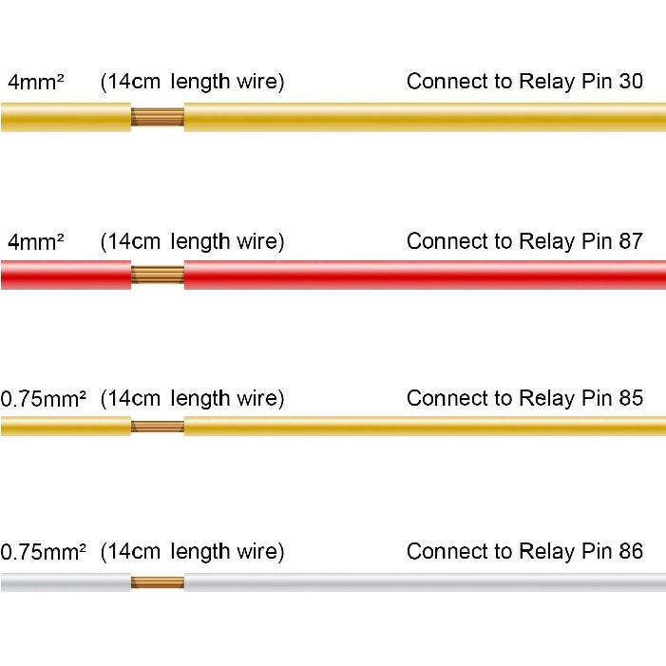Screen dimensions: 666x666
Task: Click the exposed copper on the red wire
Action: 157,275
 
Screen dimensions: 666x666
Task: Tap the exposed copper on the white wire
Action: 157,582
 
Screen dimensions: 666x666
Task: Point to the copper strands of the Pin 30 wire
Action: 157,117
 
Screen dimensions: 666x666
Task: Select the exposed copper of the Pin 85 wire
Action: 157,426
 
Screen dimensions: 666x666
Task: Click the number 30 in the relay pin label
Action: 630,81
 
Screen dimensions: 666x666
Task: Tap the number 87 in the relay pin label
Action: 630,241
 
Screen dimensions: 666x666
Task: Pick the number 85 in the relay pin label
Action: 630,398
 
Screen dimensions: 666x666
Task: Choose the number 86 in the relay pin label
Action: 630,551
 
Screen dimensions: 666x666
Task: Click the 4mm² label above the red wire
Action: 36,241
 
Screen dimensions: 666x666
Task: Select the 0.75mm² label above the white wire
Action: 44,552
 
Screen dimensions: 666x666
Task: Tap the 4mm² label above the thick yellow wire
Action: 36,82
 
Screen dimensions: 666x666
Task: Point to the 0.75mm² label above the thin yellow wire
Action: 44,399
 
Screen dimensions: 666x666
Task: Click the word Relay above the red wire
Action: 547,242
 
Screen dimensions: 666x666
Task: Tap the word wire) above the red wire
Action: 260,241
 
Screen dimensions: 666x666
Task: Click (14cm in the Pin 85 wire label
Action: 130,399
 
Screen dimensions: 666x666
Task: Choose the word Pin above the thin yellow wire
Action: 597,398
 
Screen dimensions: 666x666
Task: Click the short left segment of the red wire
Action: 66,275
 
